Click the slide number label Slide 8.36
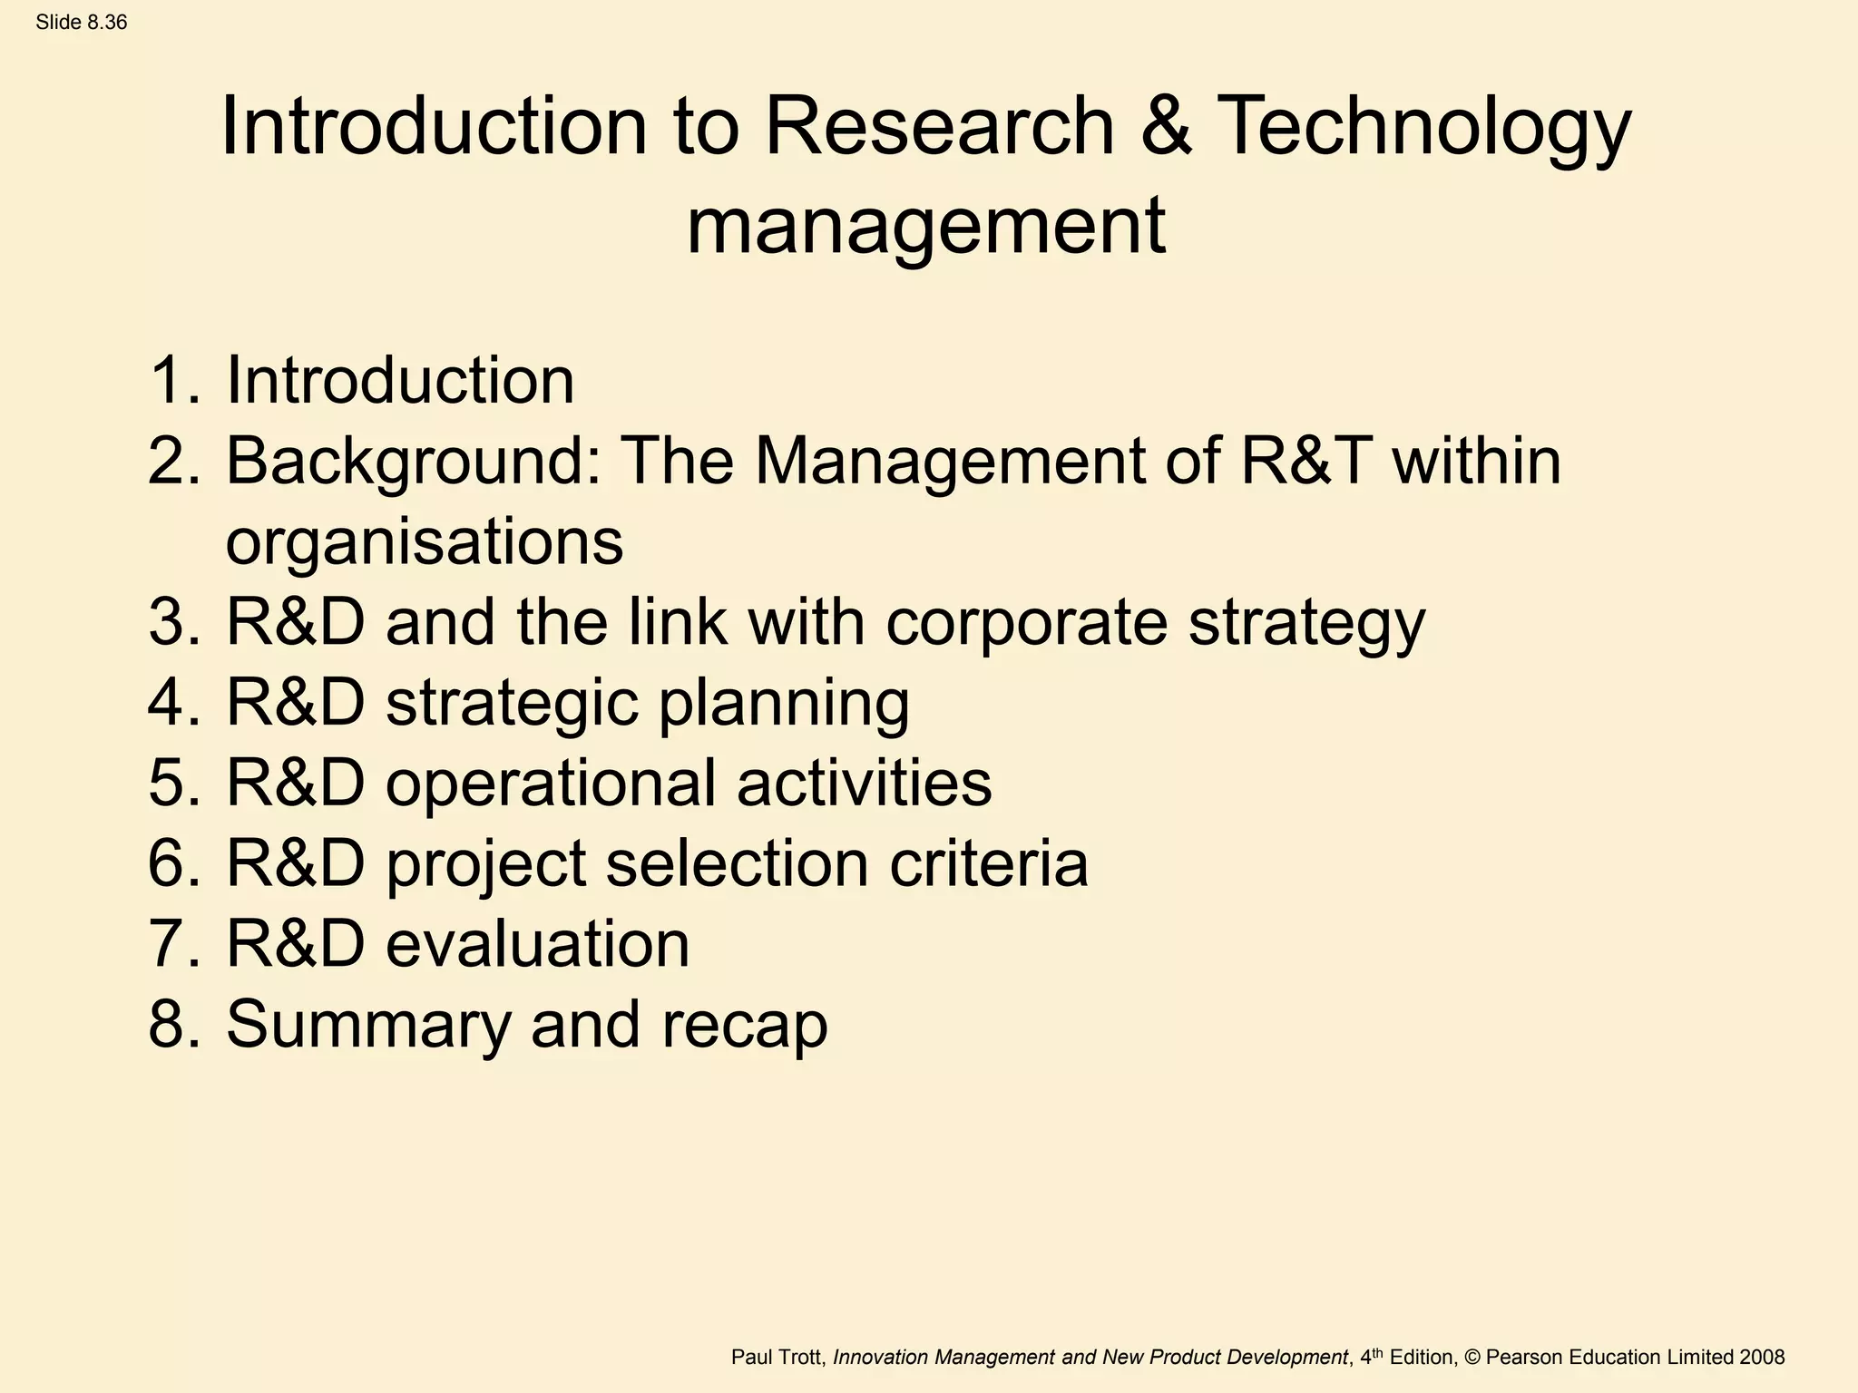(82, 23)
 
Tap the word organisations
(425, 542)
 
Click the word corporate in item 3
(1026, 624)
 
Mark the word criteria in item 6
(989, 863)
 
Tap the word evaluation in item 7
(537, 944)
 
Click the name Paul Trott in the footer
(777, 1358)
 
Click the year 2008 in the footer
(1762, 1358)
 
